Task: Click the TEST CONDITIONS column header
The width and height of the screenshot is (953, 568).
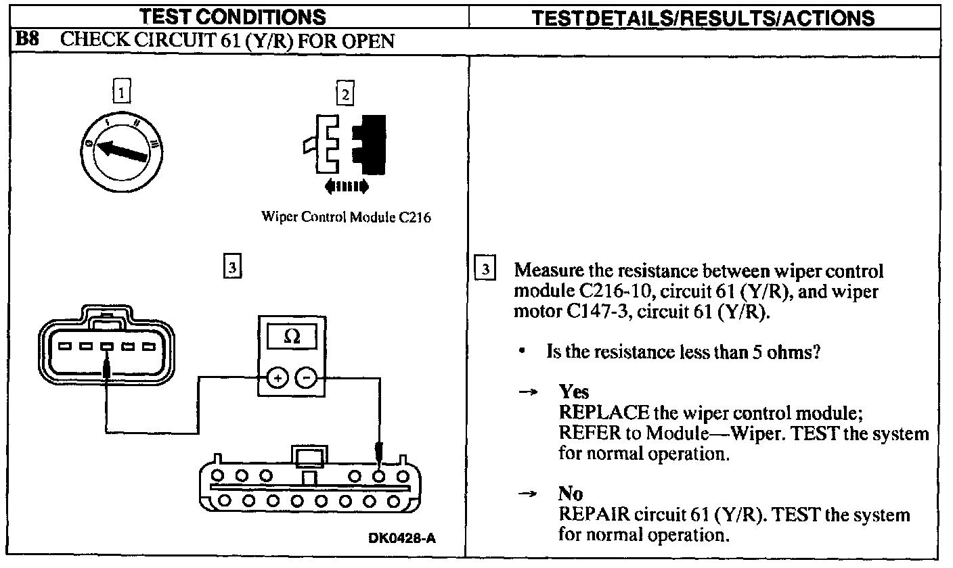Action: point(232,17)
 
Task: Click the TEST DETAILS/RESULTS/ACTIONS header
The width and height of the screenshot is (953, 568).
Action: point(703,18)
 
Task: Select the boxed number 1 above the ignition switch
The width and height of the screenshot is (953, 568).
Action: point(121,91)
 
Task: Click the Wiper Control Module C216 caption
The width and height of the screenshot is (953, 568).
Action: point(346,218)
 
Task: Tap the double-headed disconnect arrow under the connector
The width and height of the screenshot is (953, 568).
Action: point(346,185)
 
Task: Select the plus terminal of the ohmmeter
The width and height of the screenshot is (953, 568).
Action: point(278,378)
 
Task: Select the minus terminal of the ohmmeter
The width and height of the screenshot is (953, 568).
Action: point(307,378)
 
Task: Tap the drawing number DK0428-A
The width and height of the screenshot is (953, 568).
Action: point(402,538)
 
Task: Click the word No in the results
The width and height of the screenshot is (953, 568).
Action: point(570,494)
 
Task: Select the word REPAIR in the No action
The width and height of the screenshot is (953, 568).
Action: point(590,515)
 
